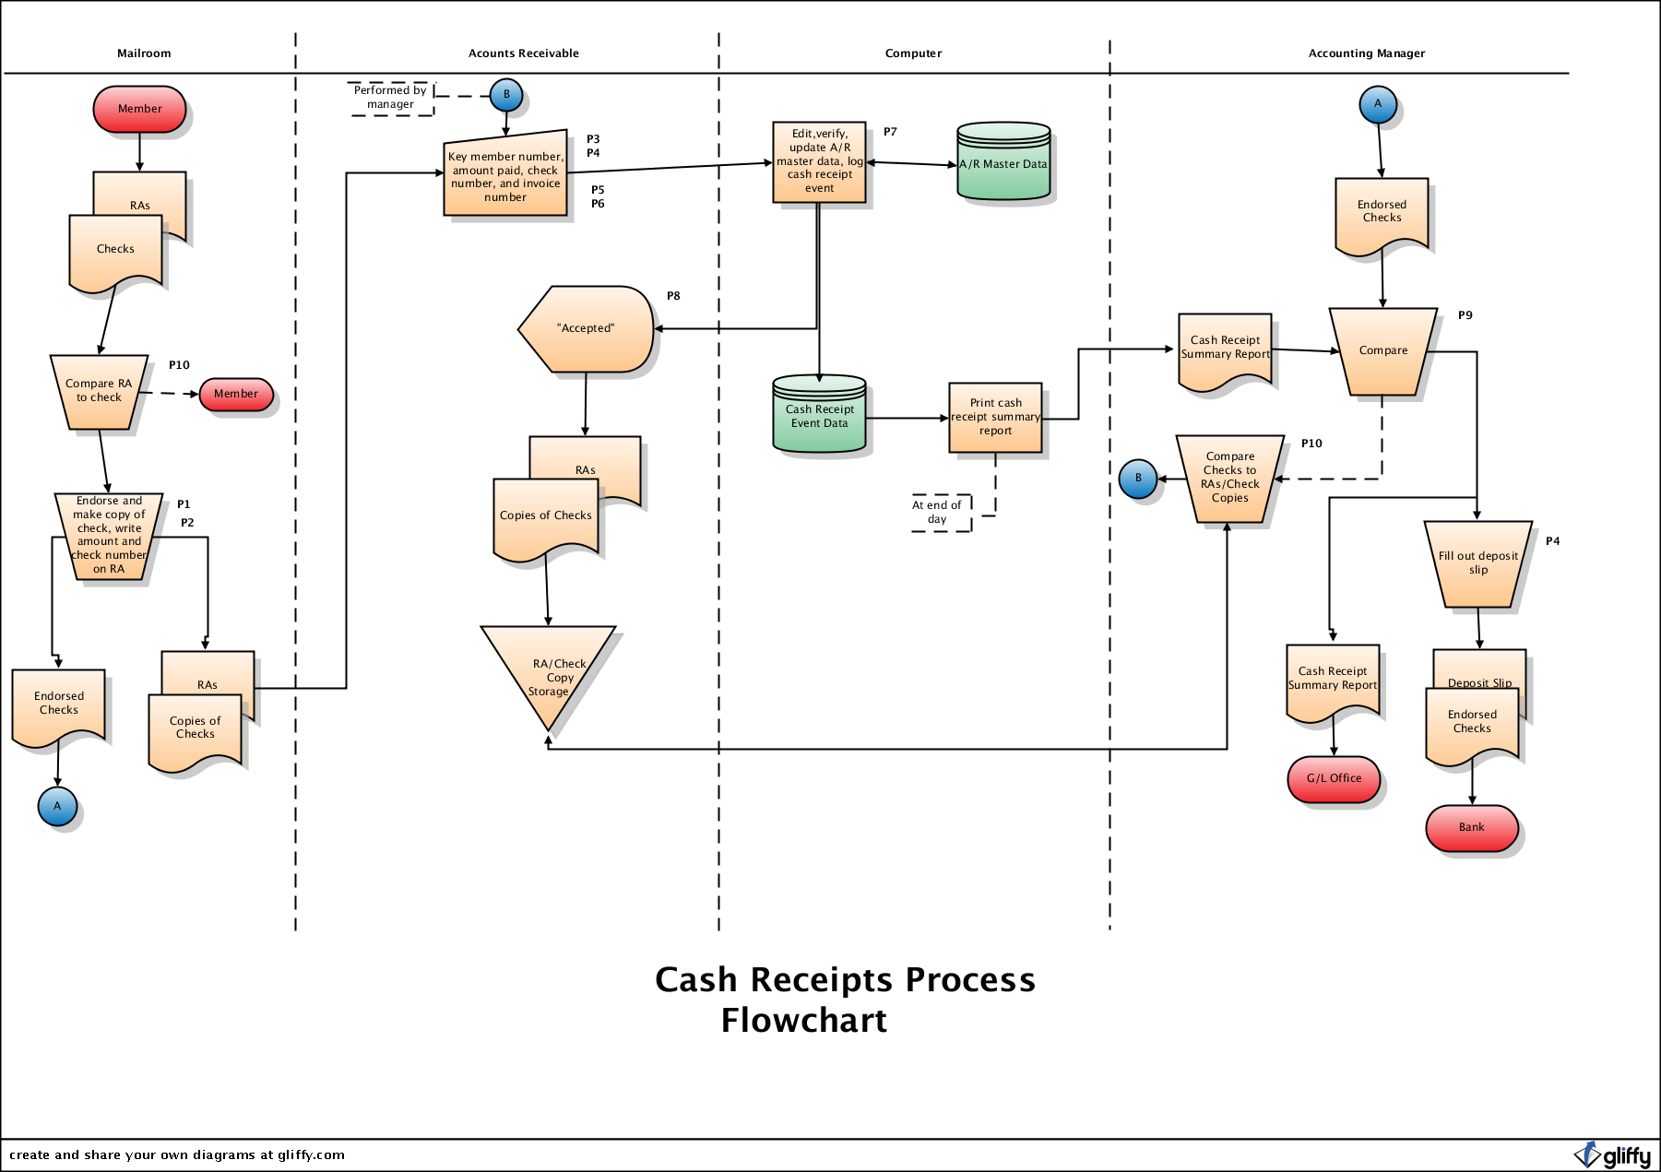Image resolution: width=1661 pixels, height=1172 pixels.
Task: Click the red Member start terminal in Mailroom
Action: coord(139,109)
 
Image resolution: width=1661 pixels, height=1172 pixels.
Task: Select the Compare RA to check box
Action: coord(99,392)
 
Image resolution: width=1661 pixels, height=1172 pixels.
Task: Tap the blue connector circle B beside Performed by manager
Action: coord(506,95)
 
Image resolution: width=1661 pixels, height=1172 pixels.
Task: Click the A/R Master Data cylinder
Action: coord(1003,163)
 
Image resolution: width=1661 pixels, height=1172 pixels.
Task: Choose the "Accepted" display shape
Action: coord(587,328)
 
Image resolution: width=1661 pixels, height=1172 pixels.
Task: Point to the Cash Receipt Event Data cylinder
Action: coord(819,416)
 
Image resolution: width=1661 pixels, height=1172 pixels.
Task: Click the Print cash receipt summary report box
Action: coord(995,418)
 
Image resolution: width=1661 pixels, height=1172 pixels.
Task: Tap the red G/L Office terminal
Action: coord(1334,779)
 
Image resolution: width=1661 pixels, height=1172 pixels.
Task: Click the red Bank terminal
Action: coord(1471,828)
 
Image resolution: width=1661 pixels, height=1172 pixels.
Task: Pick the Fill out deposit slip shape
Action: coord(1477,563)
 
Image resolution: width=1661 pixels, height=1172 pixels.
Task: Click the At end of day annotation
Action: coord(938,513)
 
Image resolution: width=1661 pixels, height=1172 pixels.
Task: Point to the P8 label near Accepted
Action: coord(673,296)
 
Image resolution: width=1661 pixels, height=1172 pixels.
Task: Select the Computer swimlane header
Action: coord(913,53)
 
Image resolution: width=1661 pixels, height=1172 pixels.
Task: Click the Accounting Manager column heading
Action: coord(1366,53)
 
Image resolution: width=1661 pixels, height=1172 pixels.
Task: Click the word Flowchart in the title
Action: coord(803,1021)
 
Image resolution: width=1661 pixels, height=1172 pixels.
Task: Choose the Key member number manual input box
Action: coord(505,176)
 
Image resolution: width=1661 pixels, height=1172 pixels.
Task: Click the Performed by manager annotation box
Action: coord(391,98)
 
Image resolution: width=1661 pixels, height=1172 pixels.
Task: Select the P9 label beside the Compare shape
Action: coord(1465,315)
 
